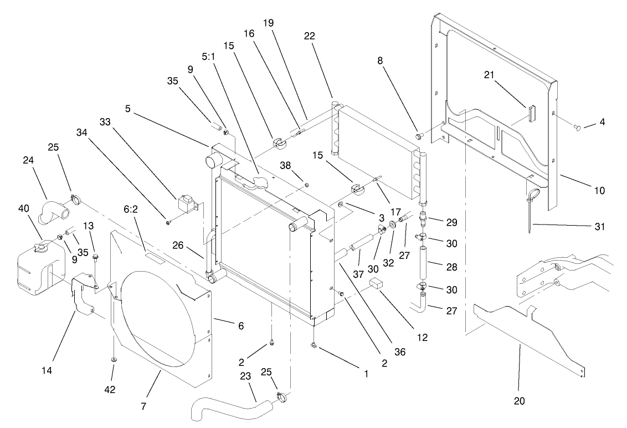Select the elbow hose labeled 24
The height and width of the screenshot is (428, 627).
[x=53, y=211]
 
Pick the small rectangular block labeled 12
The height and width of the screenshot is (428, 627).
[x=377, y=285]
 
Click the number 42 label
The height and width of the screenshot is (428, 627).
[x=110, y=390]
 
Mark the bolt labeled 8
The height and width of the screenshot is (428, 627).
[x=420, y=135]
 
